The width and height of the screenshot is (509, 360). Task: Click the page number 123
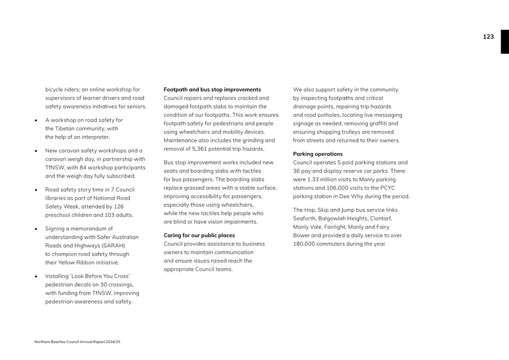pos(488,37)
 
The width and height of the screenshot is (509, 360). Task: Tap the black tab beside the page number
pos(505,42)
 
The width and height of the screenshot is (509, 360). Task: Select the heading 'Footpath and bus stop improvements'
pos(212,90)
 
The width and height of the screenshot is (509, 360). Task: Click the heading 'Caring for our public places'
pos(199,235)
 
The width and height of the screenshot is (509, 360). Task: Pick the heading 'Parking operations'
pos(317,154)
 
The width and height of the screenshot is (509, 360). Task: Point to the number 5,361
pos(202,149)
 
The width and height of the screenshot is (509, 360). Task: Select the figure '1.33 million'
pos(323,180)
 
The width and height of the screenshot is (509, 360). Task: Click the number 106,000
pos(339,188)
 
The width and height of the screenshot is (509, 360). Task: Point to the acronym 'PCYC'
pos(388,188)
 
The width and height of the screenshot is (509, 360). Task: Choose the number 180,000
pos(305,244)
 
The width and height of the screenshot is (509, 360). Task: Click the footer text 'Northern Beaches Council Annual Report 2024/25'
pos(77,342)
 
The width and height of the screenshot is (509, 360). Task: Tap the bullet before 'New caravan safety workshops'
pos(36,151)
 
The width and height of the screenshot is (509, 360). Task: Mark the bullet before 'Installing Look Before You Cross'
pos(36,277)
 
